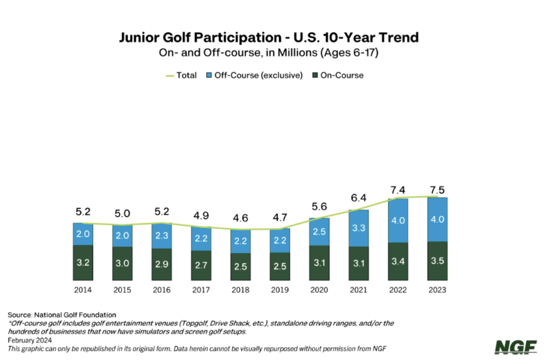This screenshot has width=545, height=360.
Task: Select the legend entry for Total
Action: [181, 75]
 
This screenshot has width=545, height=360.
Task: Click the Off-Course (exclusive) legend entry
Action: [254, 75]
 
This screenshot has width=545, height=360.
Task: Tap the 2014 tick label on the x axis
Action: [83, 290]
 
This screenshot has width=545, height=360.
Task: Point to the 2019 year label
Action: [279, 290]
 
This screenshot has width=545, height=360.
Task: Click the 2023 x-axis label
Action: [437, 290]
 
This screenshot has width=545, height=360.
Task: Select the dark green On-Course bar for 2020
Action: [319, 263]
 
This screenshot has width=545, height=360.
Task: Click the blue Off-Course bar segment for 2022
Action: [398, 221]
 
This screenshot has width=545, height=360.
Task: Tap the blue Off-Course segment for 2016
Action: [161, 236]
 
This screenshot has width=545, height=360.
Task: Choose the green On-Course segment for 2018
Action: [240, 267]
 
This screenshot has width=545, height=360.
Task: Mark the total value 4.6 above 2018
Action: [240, 219]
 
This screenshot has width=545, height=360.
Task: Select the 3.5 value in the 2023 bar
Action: [438, 261]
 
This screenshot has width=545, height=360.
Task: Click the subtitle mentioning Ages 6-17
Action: [269, 52]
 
